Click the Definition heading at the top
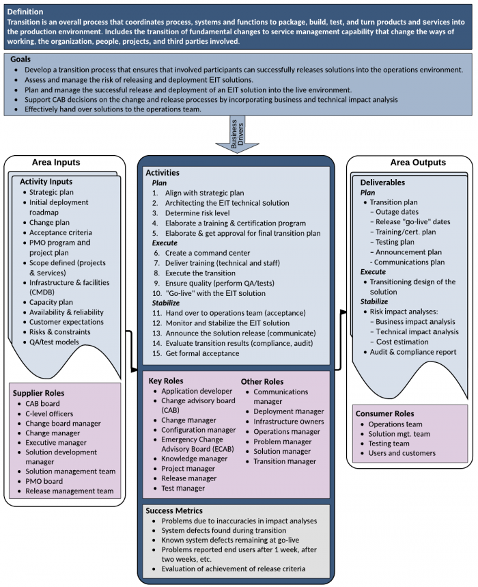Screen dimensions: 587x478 click(x=25, y=12)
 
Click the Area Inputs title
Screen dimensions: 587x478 click(x=56, y=163)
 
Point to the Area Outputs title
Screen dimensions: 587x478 click(x=418, y=163)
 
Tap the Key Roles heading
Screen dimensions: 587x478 click(x=166, y=380)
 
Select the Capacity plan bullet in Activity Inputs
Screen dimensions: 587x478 click(x=51, y=301)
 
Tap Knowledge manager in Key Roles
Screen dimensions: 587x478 click(x=194, y=459)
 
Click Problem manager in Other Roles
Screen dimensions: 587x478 click(x=282, y=441)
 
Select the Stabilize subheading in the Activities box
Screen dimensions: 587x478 click(x=167, y=302)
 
